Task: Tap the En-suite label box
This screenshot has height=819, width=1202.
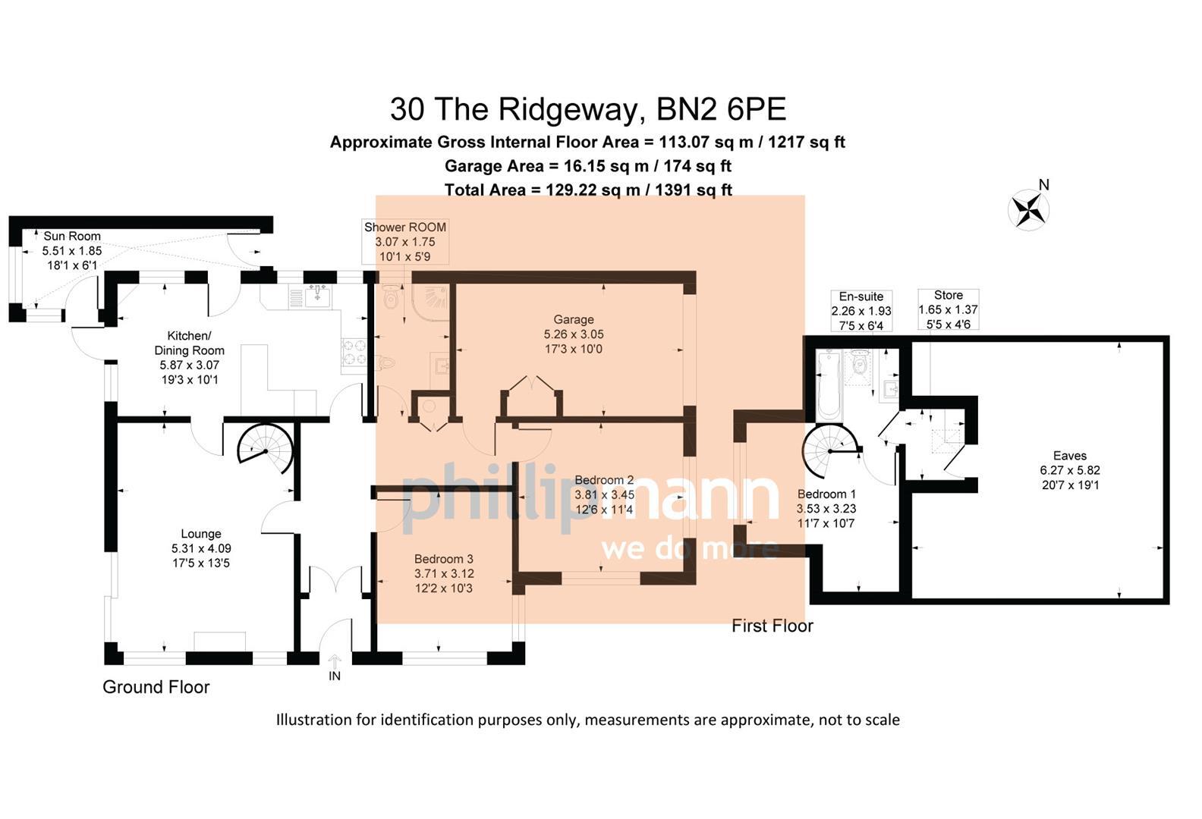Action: (x=861, y=311)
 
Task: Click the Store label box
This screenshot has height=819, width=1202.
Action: (x=948, y=309)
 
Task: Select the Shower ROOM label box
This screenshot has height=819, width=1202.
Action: (x=405, y=242)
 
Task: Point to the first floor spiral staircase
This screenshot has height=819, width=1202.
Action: (x=830, y=452)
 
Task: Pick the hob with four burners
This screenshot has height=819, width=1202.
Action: (x=354, y=351)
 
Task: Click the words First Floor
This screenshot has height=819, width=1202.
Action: (x=772, y=626)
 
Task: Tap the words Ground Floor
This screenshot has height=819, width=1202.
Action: (x=156, y=687)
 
